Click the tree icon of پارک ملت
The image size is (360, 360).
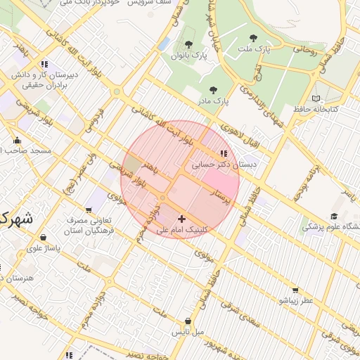[253, 38]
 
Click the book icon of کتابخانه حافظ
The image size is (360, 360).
[316, 98]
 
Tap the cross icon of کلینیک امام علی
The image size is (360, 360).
[182, 219]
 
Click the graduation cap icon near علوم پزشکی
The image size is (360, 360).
[334, 216]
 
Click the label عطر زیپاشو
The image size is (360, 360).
[295, 300]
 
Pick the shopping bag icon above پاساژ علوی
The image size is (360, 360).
[44, 237]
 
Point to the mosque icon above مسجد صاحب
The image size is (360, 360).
[17, 139]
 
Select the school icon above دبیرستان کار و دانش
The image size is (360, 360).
[45, 64]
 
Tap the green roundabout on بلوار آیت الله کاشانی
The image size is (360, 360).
[117, 91]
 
